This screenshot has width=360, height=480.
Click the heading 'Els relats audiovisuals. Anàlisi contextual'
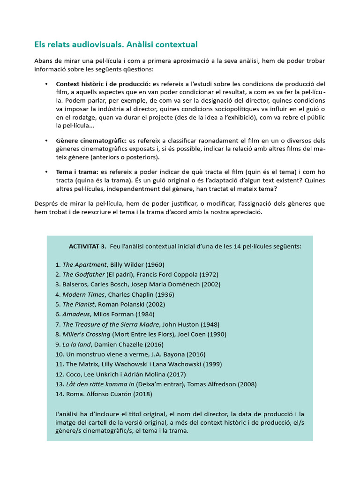click(116, 45)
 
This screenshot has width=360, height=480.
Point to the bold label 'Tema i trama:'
click(77, 172)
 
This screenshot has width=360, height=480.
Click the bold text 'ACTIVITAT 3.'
click(88, 247)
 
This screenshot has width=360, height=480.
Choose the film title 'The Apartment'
click(84, 264)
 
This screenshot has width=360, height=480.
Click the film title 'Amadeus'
click(75, 314)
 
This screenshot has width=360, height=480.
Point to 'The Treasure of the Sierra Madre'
click(111, 324)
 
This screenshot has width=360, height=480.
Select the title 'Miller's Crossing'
click(86, 334)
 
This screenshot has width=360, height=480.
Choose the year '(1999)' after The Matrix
click(211, 364)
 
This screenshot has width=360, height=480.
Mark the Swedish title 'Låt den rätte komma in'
click(98, 384)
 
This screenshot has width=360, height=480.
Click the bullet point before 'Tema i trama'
click(46, 172)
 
